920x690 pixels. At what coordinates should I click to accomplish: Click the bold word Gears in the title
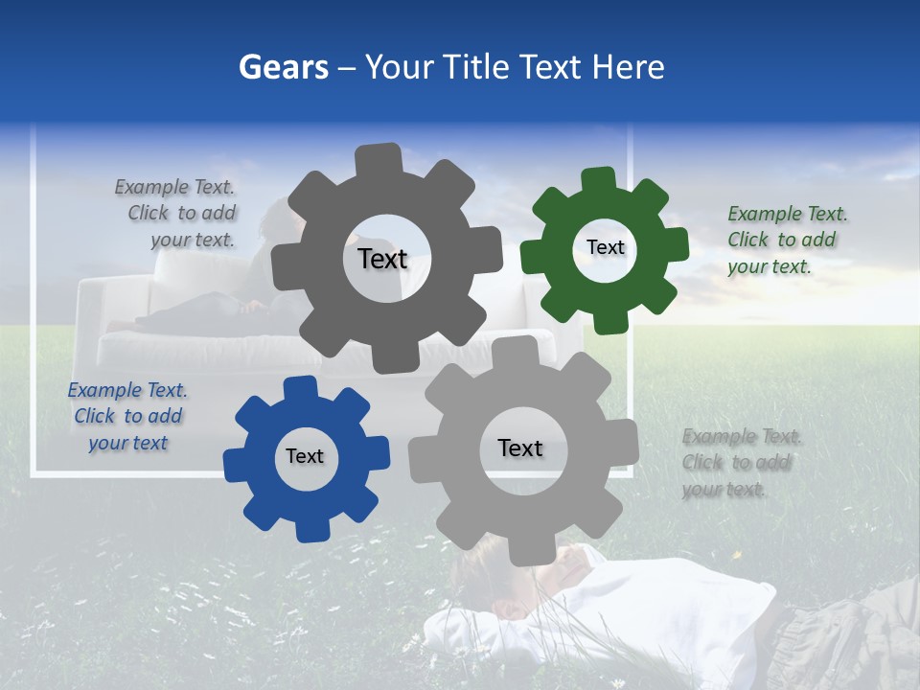pos(281,67)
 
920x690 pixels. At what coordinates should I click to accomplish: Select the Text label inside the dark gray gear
pos(382,259)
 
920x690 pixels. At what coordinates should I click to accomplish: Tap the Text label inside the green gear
pos(605,247)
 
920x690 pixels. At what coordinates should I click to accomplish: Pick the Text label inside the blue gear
pos(305,456)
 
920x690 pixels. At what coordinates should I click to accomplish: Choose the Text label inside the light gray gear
pos(520,448)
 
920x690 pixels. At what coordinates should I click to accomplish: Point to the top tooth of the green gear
pos(598,180)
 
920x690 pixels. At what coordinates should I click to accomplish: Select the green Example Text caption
pos(787,240)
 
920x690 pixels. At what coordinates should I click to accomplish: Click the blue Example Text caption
pos(127,416)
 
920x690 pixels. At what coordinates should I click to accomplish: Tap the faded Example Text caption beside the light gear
pos(742,463)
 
